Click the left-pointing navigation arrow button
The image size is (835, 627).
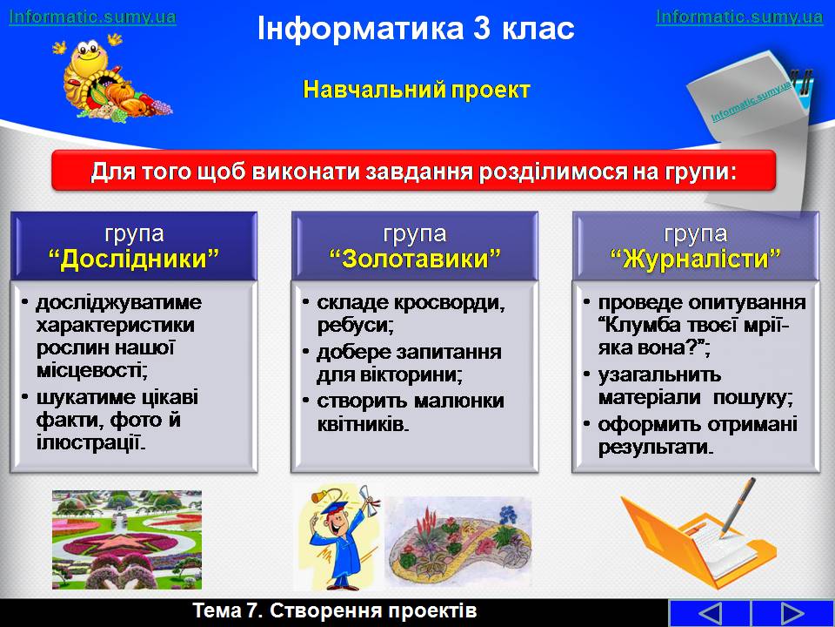click(710, 613)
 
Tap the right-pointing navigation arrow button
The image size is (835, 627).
click(792, 613)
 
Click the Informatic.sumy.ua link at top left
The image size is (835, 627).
click(93, 17)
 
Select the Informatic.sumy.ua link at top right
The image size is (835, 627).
click(739, 17)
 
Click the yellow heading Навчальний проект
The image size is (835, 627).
click(417, 90)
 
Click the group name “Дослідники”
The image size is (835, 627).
click(134, 260)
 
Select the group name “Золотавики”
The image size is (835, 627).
click(415, 260)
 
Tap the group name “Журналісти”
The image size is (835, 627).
click(696, 260)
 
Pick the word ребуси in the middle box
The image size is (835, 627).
click(355, 326)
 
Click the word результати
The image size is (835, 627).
click(655, 448)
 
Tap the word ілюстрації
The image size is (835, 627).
click(90, 443)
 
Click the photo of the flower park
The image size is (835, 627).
click(127, 540)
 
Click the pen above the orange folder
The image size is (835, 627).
click(738, 507)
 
